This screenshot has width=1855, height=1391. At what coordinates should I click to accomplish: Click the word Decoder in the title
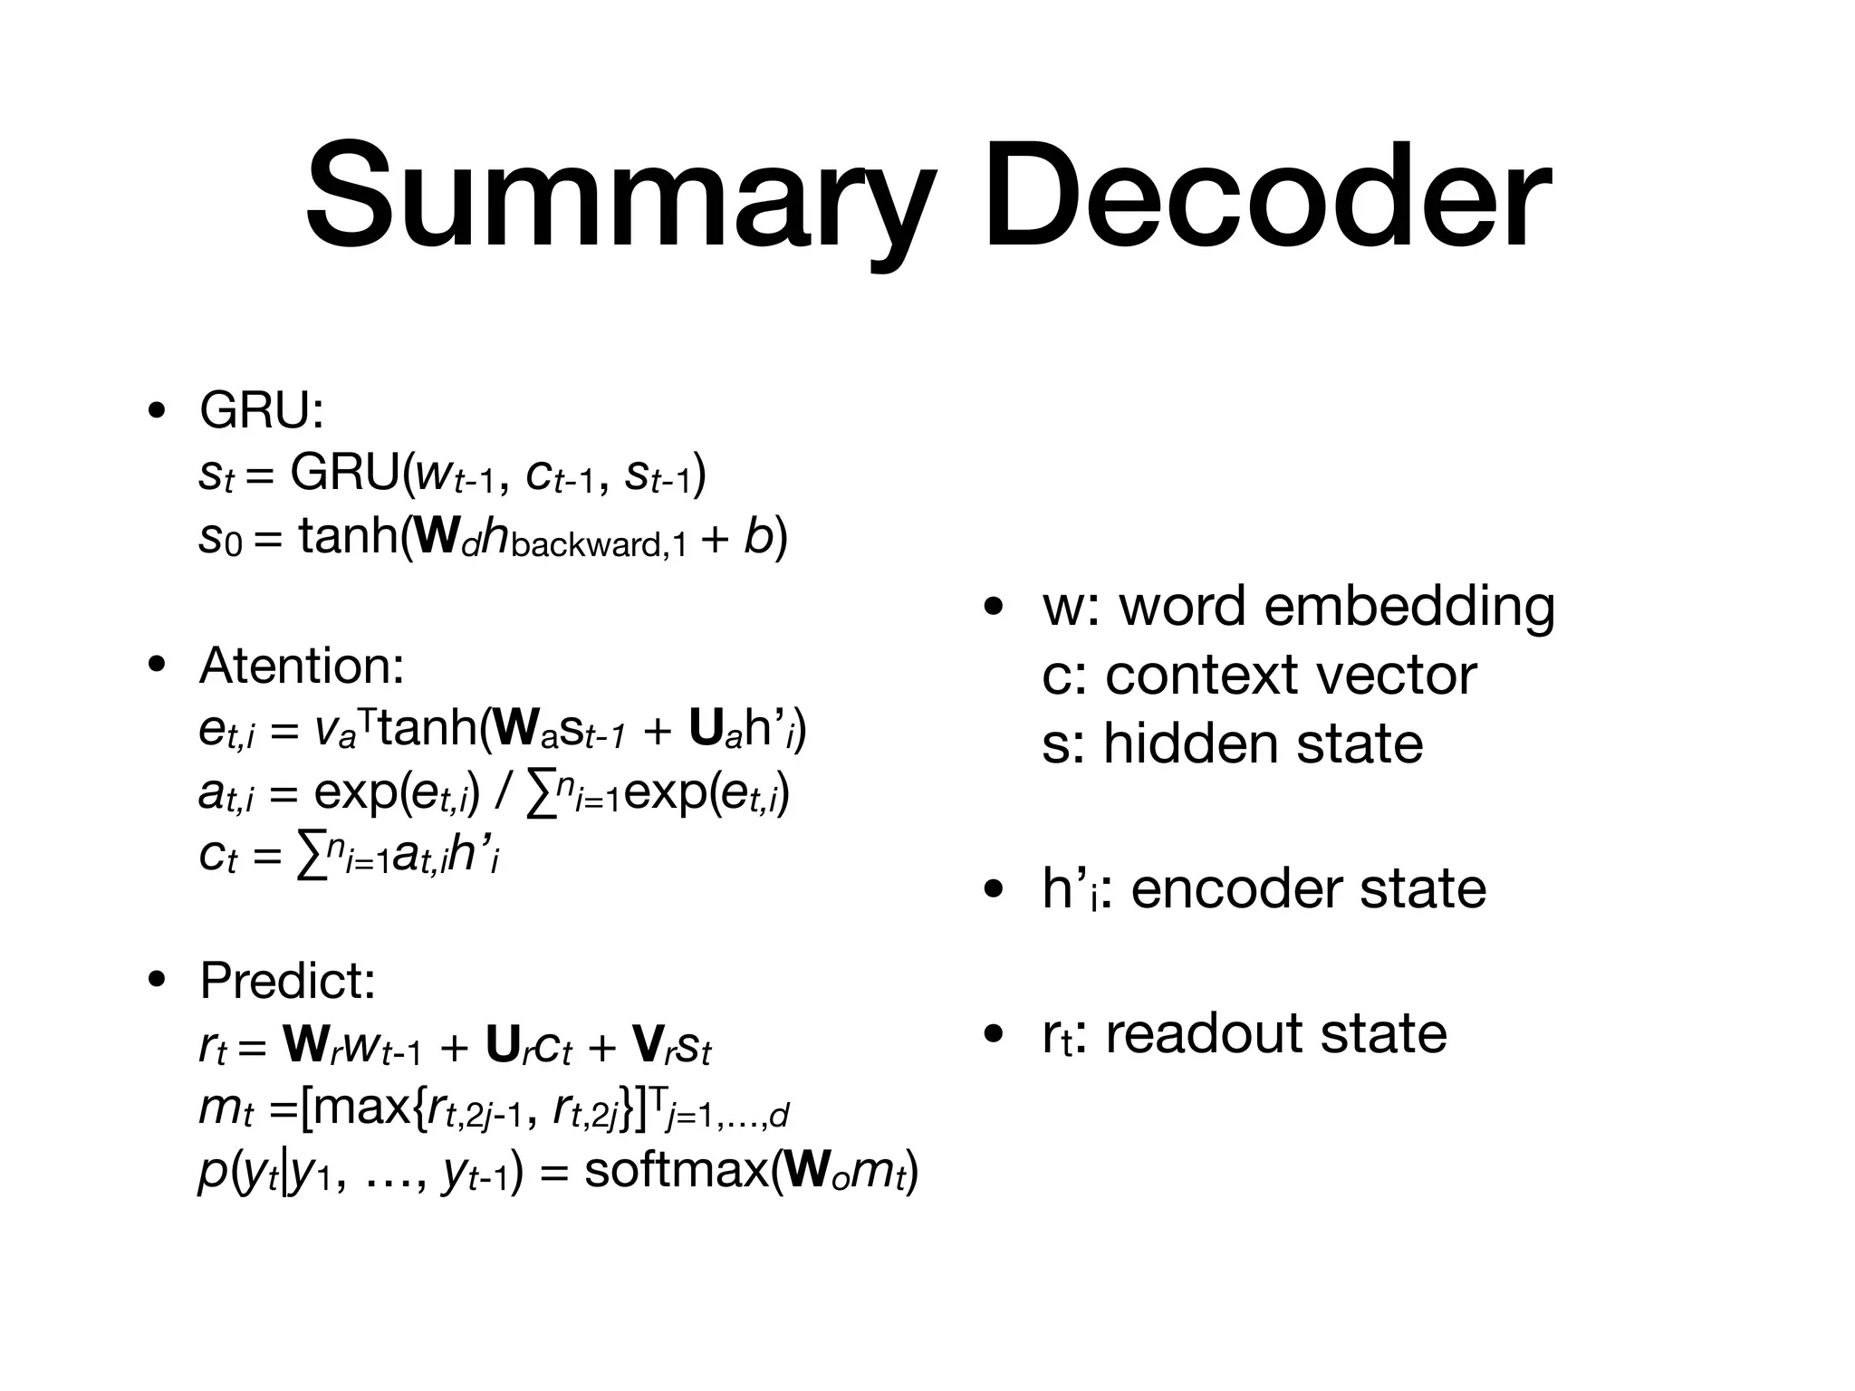pyautogui.click(x=1267, y=197)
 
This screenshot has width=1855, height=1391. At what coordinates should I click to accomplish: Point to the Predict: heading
pyautogui.click(x=287, y=981)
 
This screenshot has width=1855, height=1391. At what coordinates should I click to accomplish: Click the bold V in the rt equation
pyautogui.click(x=647, y=1047)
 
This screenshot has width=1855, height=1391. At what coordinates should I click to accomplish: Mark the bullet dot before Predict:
pyautogui.click(x=159, y=980)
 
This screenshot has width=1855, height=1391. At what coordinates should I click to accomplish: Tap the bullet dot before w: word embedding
pyautogui.click(x=994, y=608)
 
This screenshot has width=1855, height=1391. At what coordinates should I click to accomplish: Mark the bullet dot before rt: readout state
pyautogui.click(x=994, y=1034)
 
